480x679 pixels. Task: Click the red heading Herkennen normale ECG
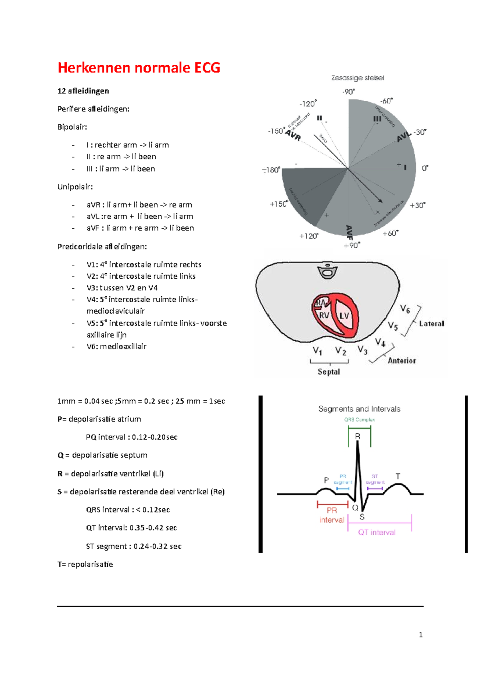pyautogui.click(x=139, y=68)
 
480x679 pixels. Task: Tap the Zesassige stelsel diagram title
pyautogui.click(x=357, y=78)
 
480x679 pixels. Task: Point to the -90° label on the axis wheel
pyautogui.click(x=348, y=92)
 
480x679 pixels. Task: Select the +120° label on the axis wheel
pyautogui.click(x=309, y=236)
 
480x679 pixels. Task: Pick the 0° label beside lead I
pyautogui.click(x=425, y=168)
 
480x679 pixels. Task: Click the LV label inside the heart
pyautogui.click(x=344, y=316)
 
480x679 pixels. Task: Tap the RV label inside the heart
pyautogui.click(x=324, y=315)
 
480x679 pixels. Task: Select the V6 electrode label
pyautogui.click(x=405, y=309)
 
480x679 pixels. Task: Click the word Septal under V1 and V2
pyautogui.click(x=329, y=372)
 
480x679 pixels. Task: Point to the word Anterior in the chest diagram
pyautogui.click(x=402, y=361)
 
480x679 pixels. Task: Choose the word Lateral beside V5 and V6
pyautogui.click(x=432, y=324)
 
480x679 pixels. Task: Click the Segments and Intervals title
pyautogui.click(x=359, y=409)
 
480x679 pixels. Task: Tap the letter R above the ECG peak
pyautogui.click(x=358, y=436)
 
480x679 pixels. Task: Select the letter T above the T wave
pyautogui.click(x=398, y=476)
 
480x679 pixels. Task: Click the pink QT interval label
pyautogui.click(x=377, y=532)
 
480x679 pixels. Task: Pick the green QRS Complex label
pyautogui.click(x=360, y=420)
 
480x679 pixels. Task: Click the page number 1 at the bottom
pyautogui.click(x=420, y=635)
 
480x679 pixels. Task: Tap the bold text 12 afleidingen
pyautogui.click(x=83, y=91)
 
